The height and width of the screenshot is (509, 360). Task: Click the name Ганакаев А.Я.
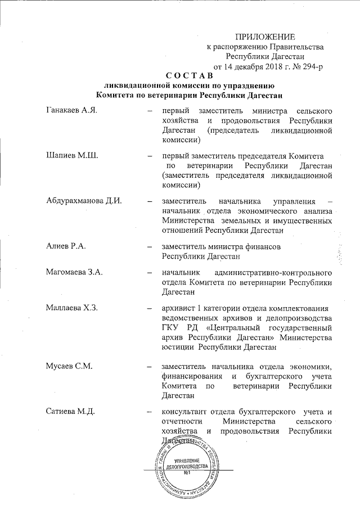click(x=71, y=109)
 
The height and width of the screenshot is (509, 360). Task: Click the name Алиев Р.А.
click(x=66, y=246)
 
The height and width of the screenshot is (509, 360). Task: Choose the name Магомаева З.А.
click(x=75, y=273)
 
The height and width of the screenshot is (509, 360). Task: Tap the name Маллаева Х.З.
click(x=73, y=308)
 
